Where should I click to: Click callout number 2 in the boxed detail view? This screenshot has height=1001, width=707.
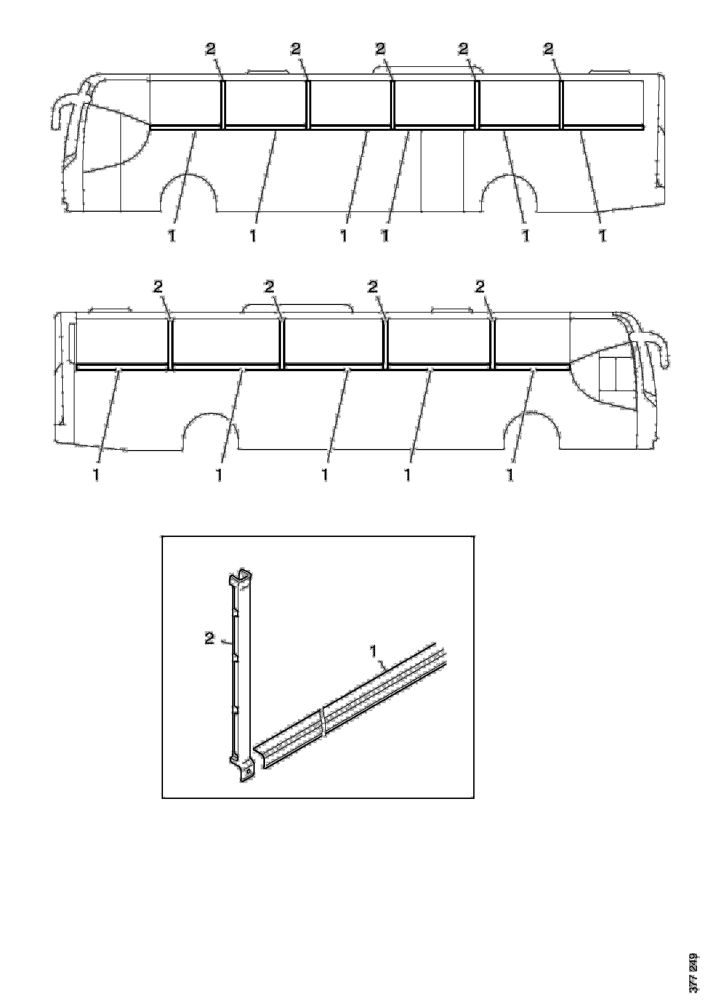210,639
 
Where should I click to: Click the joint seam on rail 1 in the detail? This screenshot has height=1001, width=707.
323,722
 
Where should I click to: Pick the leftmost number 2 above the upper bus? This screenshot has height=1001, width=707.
211,50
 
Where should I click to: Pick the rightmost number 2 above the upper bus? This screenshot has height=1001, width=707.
548,50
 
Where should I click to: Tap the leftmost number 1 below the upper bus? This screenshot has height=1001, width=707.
172,236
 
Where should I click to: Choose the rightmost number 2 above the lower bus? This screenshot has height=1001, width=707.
479,286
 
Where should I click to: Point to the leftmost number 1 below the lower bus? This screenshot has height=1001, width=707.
96,475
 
